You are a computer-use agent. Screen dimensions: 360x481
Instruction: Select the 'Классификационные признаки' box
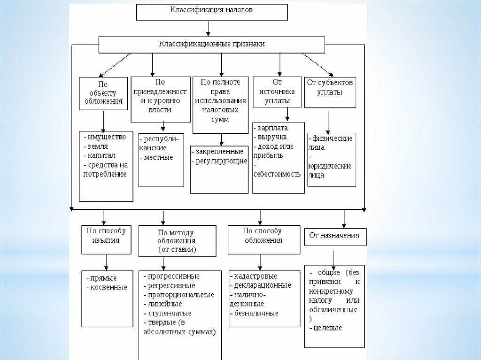[x=211, y=44]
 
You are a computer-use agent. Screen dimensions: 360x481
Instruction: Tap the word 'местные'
[x=158, y=157]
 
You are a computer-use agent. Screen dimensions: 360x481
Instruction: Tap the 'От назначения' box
[x=334, y=236]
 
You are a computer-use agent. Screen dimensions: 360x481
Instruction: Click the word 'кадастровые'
[x=255, y=276]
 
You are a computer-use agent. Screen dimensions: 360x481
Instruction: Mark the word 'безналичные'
[x=256, y=313]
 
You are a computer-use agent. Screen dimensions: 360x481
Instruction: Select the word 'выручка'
[x=272, y=137]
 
